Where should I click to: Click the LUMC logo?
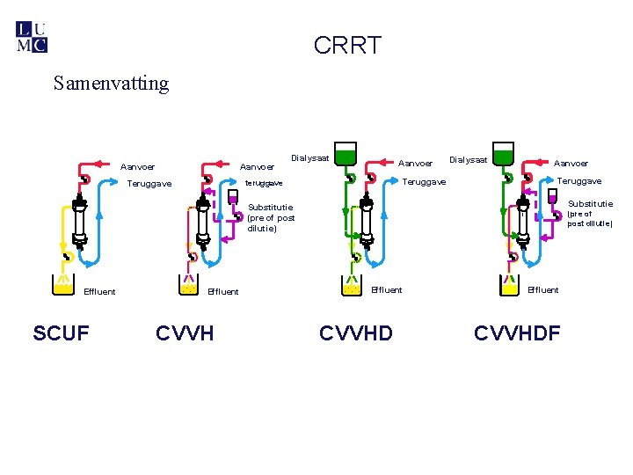(32, 36)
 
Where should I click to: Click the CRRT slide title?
(347, 46)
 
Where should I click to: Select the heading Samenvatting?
(111, 84)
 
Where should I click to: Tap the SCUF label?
(61, 333)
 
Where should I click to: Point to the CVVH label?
(185, 333)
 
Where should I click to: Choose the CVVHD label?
(356, 333)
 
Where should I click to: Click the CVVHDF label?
(517, 333)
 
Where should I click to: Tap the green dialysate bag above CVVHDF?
(502, 154)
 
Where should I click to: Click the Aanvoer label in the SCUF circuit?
(138, 166)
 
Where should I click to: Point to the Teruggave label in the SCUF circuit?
(149, 184)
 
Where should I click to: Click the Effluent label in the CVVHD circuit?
(387, 289)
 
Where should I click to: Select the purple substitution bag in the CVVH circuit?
(233, 198)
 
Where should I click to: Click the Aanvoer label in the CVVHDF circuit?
(571, 163)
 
